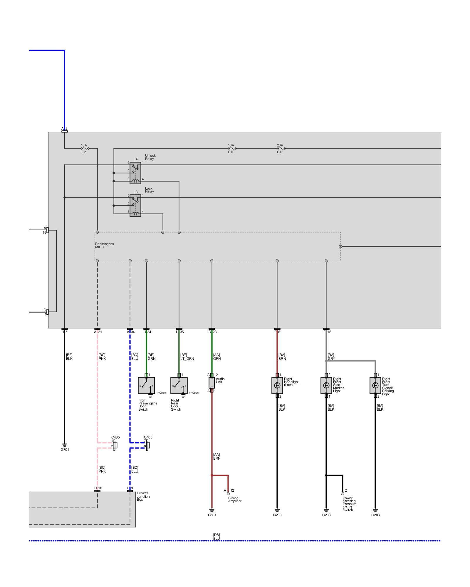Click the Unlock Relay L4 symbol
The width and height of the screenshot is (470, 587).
pyautogui.click(x=135, y=173)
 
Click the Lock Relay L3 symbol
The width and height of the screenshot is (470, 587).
pyautogui.click(x=135, y=206)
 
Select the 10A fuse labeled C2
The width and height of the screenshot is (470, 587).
pyautogui.click(x=85, y=149)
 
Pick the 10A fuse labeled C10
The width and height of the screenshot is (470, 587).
pyautogui.click(x=232, y=149)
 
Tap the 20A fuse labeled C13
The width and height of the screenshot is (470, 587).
pyautogui.click(x=281, y=149)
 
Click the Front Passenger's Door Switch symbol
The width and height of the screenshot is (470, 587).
pyautogui.click(x=146, y=385)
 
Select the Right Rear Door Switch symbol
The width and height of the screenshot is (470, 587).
pyautogui.click(x=179, y=385)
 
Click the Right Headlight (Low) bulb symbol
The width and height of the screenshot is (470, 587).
pyautogui.click(x=277, y=385)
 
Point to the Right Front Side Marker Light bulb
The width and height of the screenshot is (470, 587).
pyautogui.click(x=326, y=385)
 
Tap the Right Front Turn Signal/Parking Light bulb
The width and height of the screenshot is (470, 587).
pyautogui.click(x=375, y=385)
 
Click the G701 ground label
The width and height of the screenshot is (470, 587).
pyautogui.click(x=65, y=450)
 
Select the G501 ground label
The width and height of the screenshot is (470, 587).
pyautogui.click(x=212, y=515)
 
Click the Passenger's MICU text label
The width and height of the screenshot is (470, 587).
pyautogui.click(x=104, y=245)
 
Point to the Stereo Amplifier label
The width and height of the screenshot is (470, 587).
pyautogui.click(x=235, y=500)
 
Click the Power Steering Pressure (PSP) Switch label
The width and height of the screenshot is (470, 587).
pyautogui.click(x=349, y=504)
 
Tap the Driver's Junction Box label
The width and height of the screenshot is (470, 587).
pyautogui.click(x=143, y=496)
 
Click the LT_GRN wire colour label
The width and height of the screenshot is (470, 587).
pyautogui.click(x=187, y=359)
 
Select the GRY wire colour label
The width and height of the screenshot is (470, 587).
pyautogui.click(x=331, y=359)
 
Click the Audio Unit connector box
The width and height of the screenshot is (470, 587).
pyautogui.click(x=212, y=383)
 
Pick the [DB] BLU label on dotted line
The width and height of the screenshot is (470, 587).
pyautogui.click(x=216, y=537)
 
